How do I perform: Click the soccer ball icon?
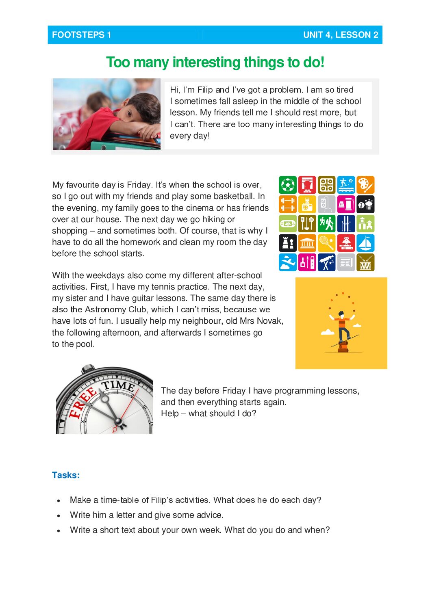287,185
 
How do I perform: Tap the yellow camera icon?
307,204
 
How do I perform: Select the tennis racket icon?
326,243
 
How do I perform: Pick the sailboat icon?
365,243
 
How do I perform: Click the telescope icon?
326,262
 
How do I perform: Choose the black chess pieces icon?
287,243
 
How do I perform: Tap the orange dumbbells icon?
287,204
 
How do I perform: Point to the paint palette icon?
365,185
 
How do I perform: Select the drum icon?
365,262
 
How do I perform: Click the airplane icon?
287,262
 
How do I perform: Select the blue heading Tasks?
66,475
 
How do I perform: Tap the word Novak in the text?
269,321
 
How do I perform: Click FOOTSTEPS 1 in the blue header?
81,35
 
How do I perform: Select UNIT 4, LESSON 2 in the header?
341,35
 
